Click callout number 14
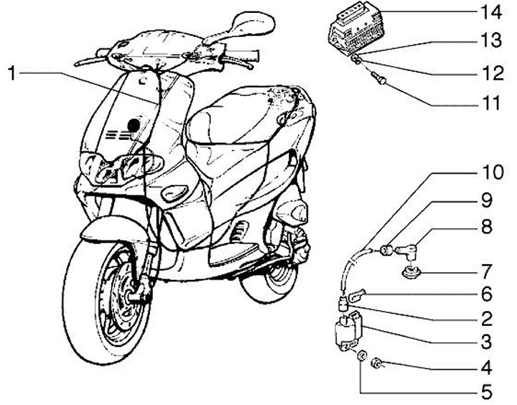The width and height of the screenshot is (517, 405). pyautogui.click(x=490, y=12)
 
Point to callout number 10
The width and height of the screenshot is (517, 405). pyautogui.click(x=490, y=174)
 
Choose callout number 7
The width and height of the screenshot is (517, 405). pyautogui.click(x=490, y=273)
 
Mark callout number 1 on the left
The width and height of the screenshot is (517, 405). pyautogui.click(x=12, y=73)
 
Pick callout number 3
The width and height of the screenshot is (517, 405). pyautogui.click(x=490, y=341)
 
